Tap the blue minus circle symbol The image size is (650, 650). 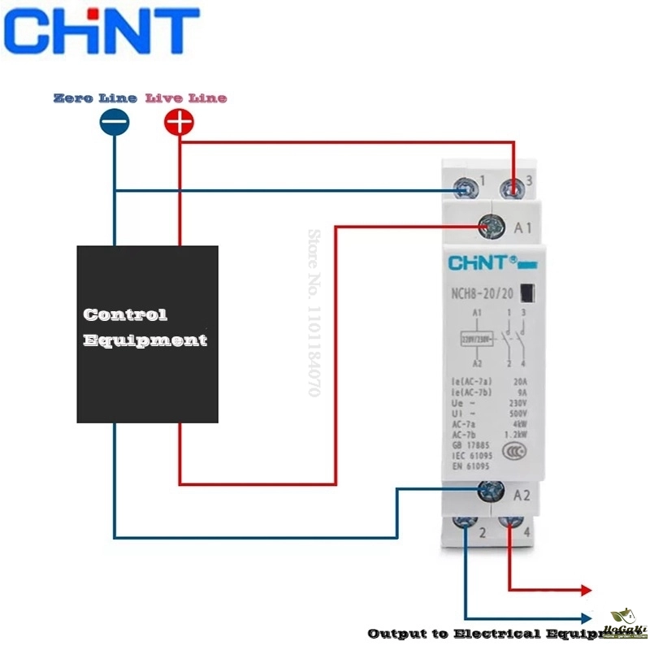[114, 123]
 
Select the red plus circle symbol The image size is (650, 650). [179, 123]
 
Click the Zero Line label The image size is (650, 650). [95, 98]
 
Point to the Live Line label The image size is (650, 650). [186, 98]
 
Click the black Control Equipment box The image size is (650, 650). [147, 333]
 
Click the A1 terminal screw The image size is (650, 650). [491, 227]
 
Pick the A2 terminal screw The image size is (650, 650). [490, 490]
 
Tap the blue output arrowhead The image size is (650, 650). [586, 618]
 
